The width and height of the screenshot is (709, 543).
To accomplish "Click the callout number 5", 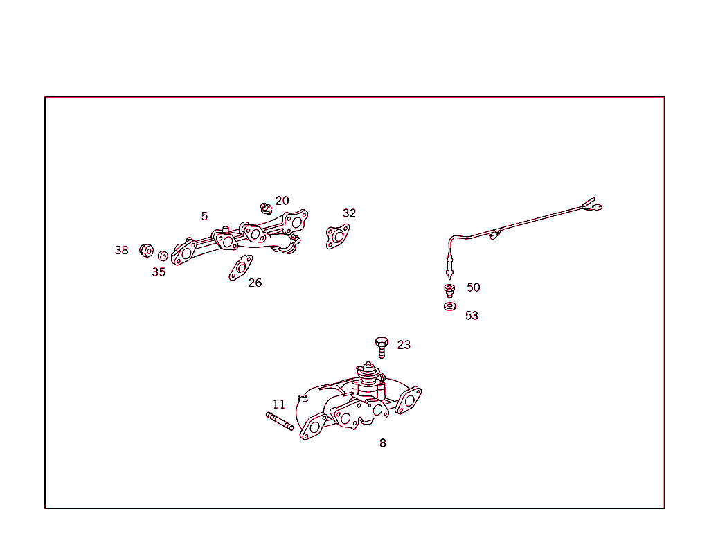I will [204, 216].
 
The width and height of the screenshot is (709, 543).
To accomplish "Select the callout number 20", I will [282, 201].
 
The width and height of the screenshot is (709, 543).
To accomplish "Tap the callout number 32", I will [349, 213].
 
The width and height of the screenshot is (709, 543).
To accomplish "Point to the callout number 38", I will [122, 251].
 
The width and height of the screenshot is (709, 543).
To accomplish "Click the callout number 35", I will [159, 272].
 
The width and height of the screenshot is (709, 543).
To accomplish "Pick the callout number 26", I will [255, 283].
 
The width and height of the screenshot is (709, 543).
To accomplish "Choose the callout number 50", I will [473, 287].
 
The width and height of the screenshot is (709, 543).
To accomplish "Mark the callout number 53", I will [472, 316].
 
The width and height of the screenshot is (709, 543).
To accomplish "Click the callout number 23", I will [404, 345].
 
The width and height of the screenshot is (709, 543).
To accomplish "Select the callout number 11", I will [278, 404].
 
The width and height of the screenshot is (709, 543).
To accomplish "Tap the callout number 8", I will [383, 443].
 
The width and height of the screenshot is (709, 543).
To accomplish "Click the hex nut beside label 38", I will [145, 250].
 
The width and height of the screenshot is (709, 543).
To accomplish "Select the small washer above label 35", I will [163, 256].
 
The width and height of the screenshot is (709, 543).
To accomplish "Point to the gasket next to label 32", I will [337, 236].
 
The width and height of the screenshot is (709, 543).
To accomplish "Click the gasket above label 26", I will [241, 267].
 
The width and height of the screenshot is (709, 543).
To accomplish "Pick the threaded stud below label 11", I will [280, 420].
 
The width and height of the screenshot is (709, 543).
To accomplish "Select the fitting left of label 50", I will [449, 289].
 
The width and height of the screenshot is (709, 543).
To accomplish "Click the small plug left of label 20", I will [264, 208].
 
